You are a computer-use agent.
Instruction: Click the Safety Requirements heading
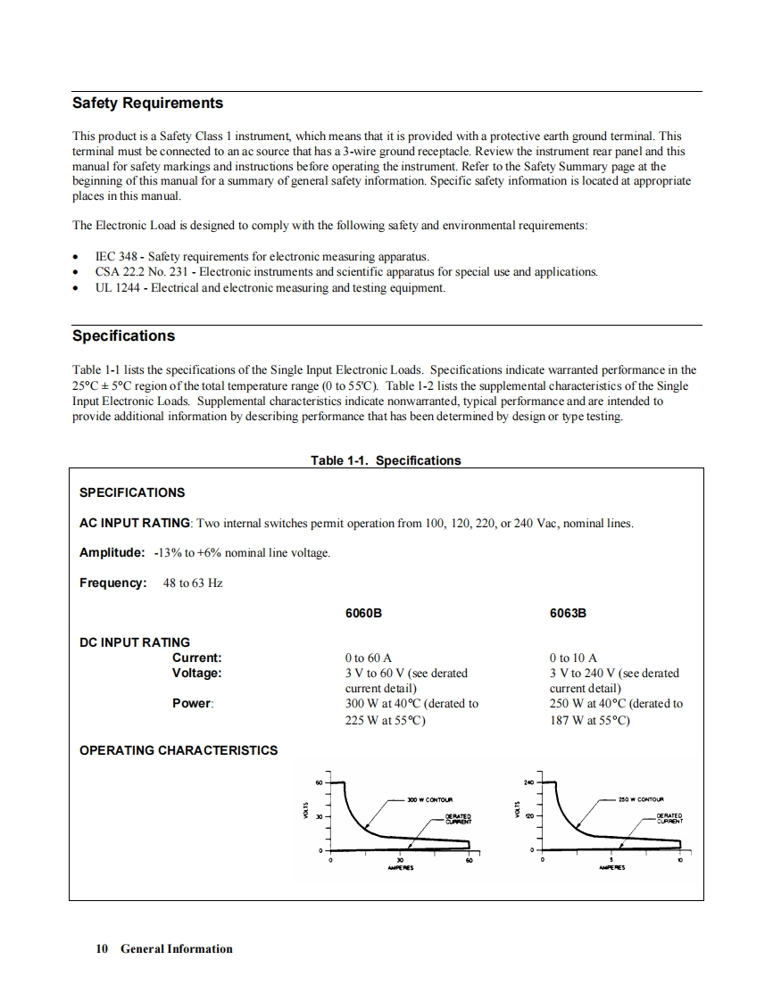[147, 103]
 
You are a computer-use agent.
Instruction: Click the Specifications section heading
[123, 336]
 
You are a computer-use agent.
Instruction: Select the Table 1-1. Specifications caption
[386, 460]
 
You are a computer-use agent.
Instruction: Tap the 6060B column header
[363, 614]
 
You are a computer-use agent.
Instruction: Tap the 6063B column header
[569, 614]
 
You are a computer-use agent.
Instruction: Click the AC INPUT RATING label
[135, 523]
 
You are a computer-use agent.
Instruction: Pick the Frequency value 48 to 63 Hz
[194, 583]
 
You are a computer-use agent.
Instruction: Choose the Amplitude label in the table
[112, 552]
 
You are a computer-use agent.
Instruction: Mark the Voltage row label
[197, 674]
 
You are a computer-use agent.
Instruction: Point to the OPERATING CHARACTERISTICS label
[179, 750]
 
